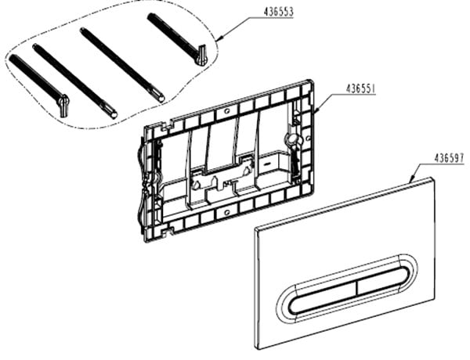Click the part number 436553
(278, 12)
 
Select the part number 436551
(360, 89)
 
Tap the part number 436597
(449, 158)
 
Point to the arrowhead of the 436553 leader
(219, 38)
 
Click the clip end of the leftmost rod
(63, 105)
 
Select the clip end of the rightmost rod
(201, 55)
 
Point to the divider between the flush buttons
(356, 288)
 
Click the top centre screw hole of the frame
(227, 112)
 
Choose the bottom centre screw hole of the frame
(227, 212)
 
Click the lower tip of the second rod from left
(114, 115)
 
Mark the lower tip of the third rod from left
(161, 99)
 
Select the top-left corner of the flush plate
(255, 229)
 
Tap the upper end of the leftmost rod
(12, 57)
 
